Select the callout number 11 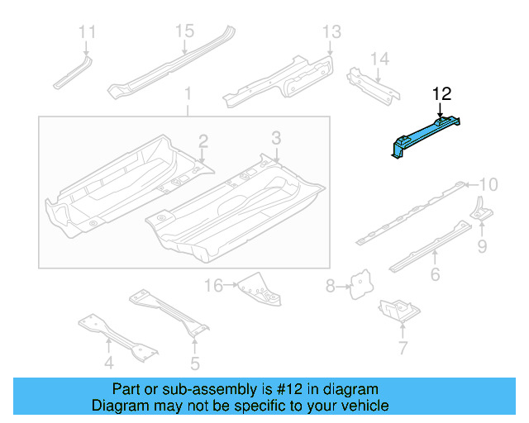87,32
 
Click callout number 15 183,31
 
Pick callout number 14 379,59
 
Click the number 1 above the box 188,93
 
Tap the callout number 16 214,286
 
